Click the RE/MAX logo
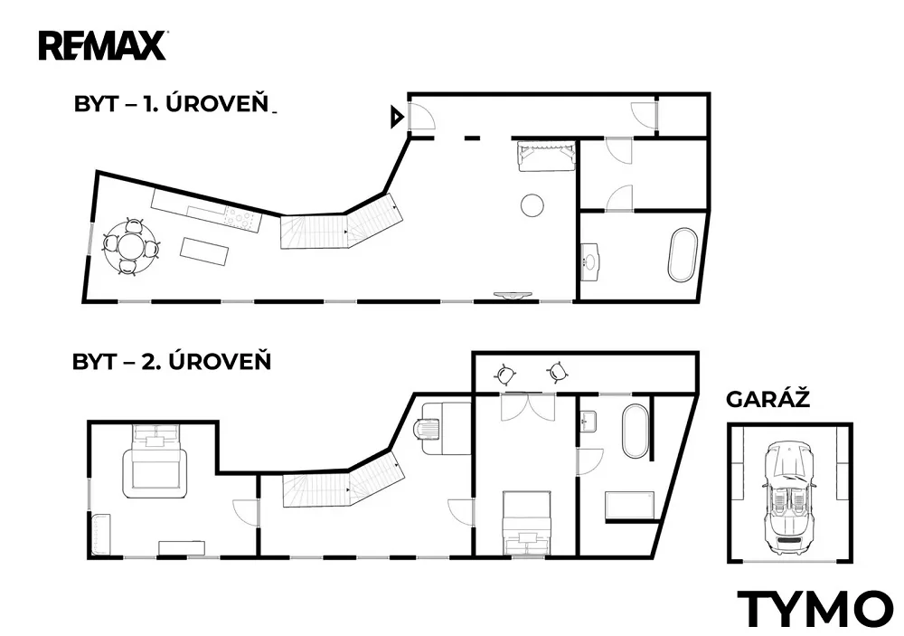(103, 45)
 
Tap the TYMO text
(815, 609)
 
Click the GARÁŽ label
(767, 399)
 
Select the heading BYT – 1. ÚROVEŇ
(171, 103)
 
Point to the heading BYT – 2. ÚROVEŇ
(171, 361)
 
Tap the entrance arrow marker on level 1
(397, 118)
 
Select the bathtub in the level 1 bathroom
(683, 256)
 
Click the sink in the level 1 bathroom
(589, 262)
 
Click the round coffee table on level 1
(532, 204)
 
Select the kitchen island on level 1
(204, 252)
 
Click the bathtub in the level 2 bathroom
(635, 432)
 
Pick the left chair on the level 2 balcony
(505, 375)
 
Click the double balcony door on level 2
(528, 407)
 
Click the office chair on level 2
(428, 429)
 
